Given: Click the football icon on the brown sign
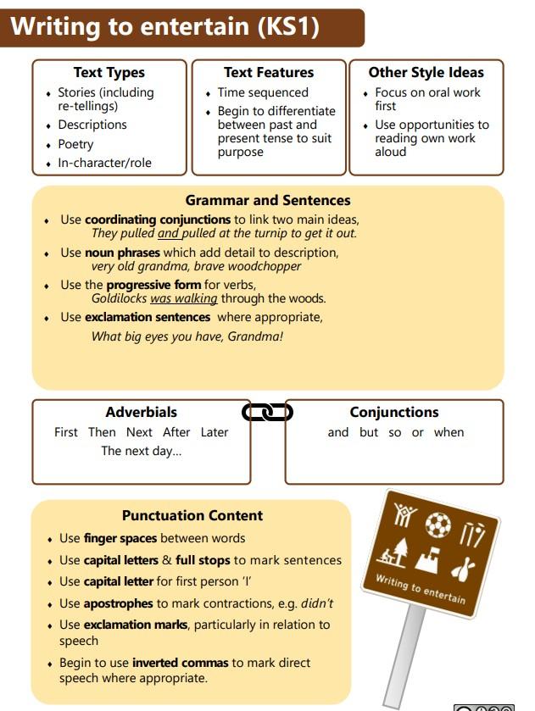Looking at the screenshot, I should click(437, 525).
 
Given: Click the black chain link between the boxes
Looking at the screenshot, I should click(267, 413).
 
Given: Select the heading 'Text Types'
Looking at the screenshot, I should click(109, 73).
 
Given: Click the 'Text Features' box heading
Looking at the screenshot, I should click(269, 73).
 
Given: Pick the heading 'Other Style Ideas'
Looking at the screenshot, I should click(426, 73).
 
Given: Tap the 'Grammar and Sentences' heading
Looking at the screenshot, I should click(268, 201).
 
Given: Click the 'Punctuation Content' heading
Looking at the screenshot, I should click(192, 515).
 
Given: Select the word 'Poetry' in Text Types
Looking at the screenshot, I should click(75, 144).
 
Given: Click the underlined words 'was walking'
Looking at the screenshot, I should click(184, 298).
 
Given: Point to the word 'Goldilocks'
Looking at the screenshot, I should click(120, 298).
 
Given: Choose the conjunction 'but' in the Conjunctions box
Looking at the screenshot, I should click(369, 432).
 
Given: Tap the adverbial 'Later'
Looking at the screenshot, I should click(215, 432).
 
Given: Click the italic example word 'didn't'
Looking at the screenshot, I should click(317, 603).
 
